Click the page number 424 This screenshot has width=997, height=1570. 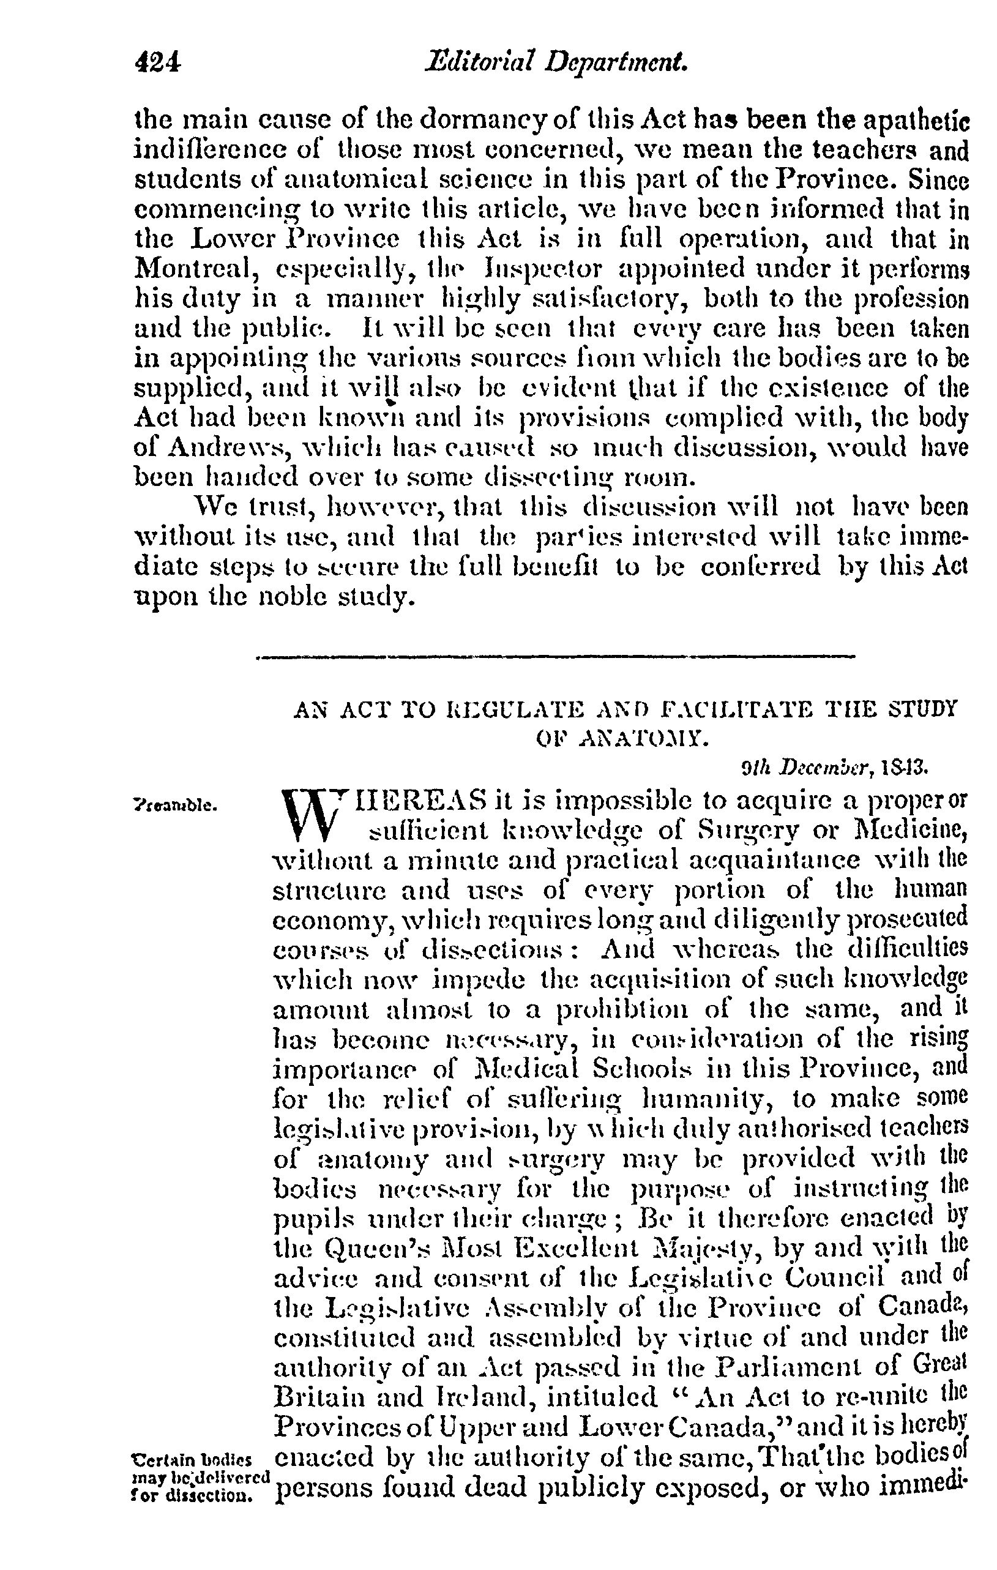point(157,63)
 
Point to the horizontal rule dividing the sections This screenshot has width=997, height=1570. point(556,656)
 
